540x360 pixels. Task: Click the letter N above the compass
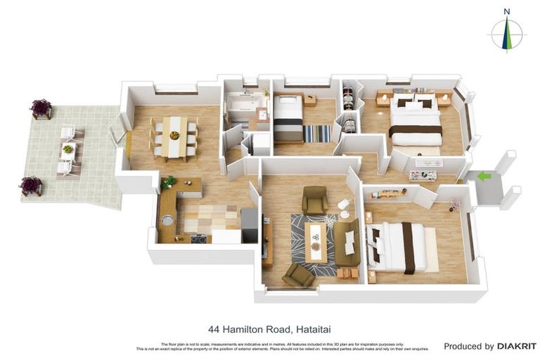[507, 11]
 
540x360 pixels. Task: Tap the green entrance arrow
[484, 176]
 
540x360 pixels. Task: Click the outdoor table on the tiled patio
[68, 150]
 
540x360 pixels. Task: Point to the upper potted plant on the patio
[41, 108]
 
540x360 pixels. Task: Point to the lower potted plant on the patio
[31, 185]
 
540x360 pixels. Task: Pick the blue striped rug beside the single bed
[317, 134]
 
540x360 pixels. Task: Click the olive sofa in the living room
[347, 241]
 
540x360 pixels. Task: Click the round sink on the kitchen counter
[167, 220]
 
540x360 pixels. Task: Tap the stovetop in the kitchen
[198, 238]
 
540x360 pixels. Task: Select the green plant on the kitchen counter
[169, 181]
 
